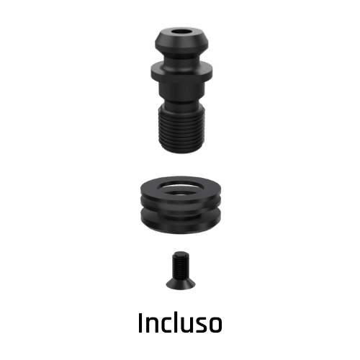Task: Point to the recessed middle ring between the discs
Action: [179, 210]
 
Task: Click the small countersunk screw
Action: [179, 270]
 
